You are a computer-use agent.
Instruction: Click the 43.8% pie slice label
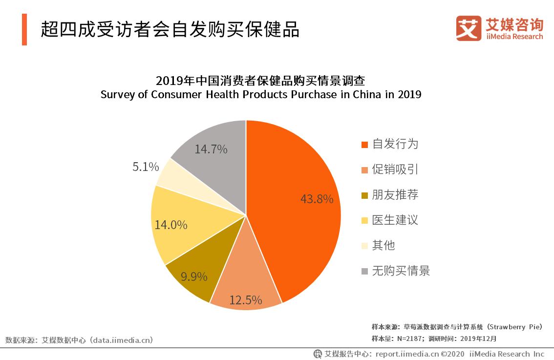317,199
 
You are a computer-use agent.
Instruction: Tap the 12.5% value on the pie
245,300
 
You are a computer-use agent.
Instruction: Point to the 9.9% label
194,276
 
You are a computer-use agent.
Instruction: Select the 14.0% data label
171,225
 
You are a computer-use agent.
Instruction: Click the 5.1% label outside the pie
146,167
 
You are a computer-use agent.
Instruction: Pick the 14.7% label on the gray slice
211,149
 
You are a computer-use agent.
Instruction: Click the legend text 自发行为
395,144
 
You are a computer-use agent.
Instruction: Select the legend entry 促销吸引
395,169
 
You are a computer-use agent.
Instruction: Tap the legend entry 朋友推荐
395,195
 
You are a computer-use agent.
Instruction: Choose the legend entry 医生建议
395,220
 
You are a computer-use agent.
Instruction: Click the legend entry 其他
383,246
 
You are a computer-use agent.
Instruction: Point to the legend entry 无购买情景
401,271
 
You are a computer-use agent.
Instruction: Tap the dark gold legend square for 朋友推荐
364,195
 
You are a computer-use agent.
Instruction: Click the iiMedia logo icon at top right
469,28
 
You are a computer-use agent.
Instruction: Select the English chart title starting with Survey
261,95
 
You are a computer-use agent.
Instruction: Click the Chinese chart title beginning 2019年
261,81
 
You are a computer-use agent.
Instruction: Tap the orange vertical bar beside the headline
24,30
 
